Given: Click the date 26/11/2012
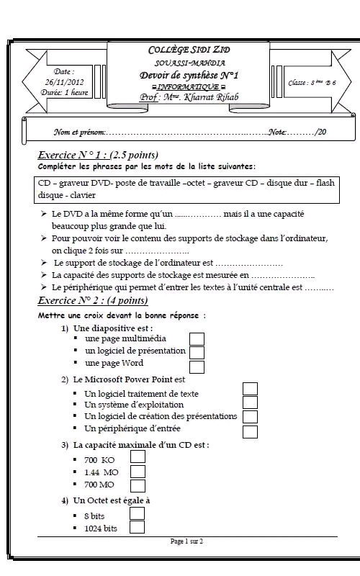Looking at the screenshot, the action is click(64, 82).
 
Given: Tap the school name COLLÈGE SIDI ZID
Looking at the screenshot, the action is click(189, 50).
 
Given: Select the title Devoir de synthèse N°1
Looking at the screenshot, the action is click(189, 76).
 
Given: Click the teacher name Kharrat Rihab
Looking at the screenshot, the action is click(211, 97).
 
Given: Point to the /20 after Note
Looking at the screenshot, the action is click(320, 132).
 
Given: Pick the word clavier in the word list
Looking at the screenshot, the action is click(83, 195).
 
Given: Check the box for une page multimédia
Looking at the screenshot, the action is click(197, 339).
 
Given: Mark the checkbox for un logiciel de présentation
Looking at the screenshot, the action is click(197, 352).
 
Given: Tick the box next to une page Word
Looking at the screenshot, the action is click(197, 367).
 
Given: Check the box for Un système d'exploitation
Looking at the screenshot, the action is click(250, 402).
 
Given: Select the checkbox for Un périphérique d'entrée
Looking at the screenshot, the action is click(250, 432).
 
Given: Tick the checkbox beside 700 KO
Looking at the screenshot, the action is click(138, 456).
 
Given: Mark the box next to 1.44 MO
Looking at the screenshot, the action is click(138, 472).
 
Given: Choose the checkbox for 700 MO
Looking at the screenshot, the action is click(138, 485).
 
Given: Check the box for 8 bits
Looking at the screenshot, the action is click(137, 513).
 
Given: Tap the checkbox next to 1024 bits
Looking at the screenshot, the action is click(137, 527).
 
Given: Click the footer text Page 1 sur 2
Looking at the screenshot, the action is click(186, 541).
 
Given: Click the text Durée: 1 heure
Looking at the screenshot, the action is click(64, 92).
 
